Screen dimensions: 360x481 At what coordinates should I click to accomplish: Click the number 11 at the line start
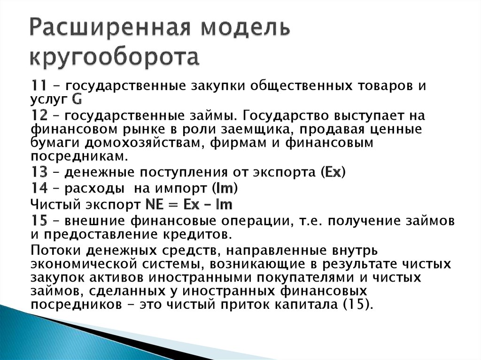pos(39,86)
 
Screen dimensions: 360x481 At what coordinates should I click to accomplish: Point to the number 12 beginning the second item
pos(39,116)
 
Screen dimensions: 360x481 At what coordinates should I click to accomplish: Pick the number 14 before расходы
pos(39,189)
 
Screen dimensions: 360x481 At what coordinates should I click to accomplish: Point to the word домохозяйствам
pos(124,143)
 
